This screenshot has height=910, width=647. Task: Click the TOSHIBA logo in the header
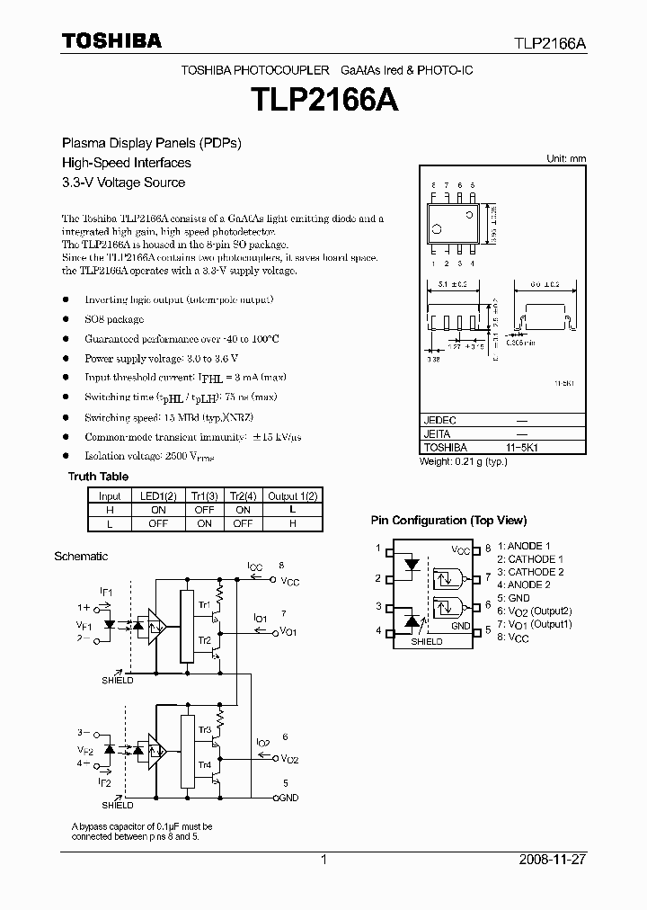111,41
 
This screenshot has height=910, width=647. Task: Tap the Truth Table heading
98,477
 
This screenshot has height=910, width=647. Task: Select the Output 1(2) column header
294,495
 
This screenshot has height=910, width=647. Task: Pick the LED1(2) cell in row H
159,509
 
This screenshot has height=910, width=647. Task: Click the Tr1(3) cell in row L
205,522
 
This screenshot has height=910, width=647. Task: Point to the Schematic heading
81,557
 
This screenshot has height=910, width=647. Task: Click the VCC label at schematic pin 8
289,583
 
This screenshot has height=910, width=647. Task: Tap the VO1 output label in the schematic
288,632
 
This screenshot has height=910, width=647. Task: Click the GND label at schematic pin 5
288,797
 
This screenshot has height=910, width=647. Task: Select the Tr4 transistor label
205,765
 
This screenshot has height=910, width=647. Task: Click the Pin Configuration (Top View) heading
448,521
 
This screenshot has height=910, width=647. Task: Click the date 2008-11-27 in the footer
553,860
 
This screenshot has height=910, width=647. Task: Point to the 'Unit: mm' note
566,158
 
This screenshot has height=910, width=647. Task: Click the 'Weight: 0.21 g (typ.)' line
464,461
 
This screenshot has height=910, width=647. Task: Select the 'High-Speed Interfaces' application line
126,163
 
